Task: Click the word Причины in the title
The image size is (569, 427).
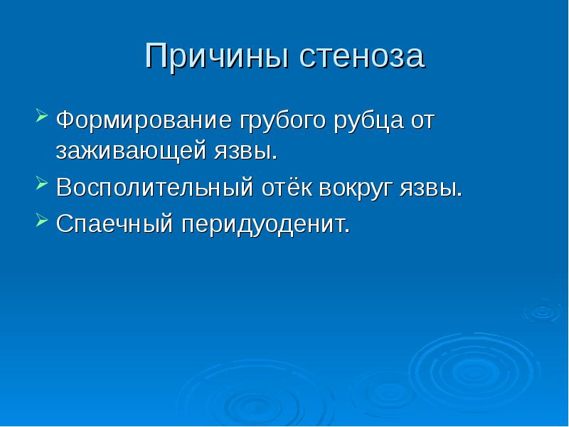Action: click(x=218, y=56)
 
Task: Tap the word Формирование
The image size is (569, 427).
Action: click(x=144, y=120)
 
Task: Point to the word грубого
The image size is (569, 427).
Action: click(x=282, y=122)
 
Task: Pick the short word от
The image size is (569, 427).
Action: click(x=422, y=121)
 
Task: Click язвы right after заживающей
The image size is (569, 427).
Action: click(x=245, y=152)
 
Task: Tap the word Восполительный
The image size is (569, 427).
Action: click(x=154, y=187)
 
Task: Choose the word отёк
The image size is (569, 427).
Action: click(x=287, y=187)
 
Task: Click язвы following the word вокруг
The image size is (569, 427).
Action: click(x=431, y=188)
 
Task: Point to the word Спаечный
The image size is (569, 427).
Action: click(x=115, y=223)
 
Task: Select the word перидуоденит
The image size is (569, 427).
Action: click(x=265, y=225)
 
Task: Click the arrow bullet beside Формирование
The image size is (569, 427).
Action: click(x=42, y=115)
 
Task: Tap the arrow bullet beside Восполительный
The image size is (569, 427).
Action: click(x=42, y=183)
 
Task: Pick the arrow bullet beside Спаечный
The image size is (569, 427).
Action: click(x=42, y=219)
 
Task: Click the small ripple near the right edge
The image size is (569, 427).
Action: click(x=543, y=311)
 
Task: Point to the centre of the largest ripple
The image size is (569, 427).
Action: click(x=474, y=373)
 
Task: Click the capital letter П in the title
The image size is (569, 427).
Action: click(x=157, y=56)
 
